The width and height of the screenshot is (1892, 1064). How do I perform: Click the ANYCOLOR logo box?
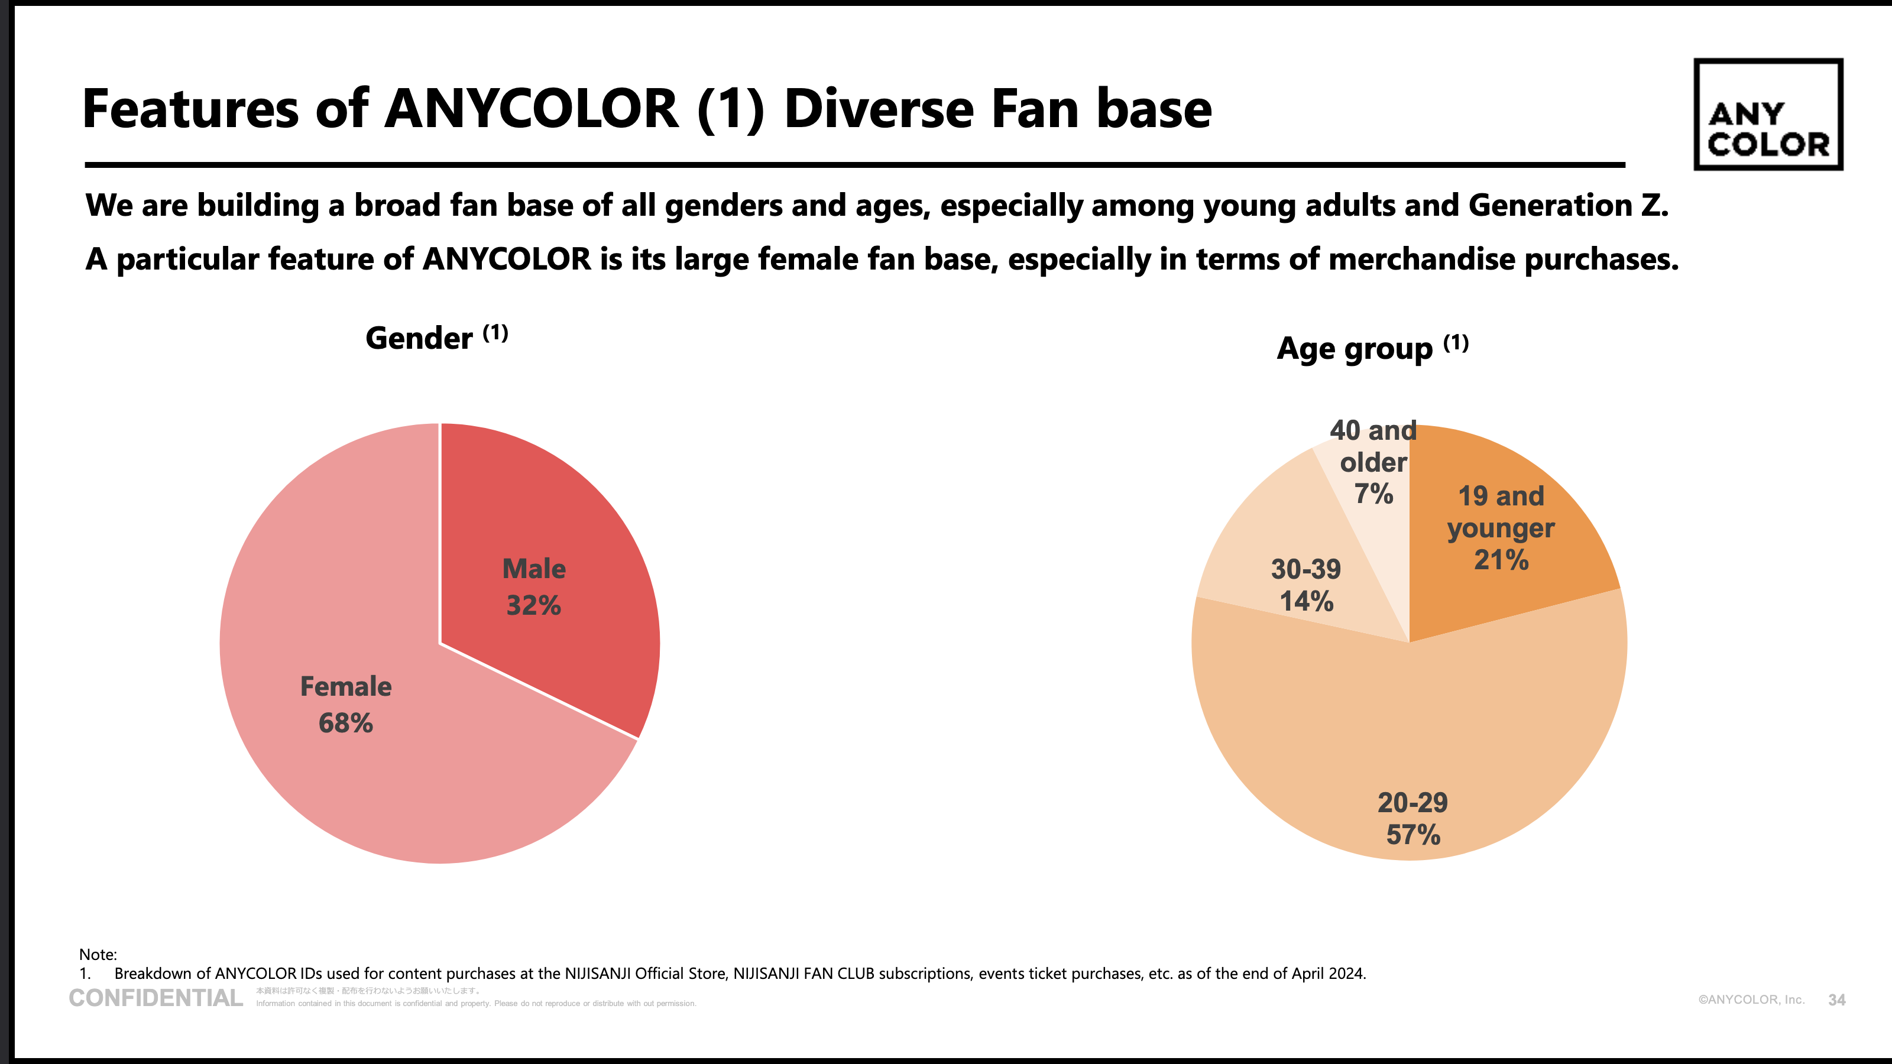1768,115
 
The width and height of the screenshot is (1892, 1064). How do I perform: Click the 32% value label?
534,606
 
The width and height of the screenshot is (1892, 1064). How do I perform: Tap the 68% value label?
346,724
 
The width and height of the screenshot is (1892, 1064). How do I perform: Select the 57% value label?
1413,835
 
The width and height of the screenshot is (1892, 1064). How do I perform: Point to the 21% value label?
1501,560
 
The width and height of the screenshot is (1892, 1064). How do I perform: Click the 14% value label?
1307,601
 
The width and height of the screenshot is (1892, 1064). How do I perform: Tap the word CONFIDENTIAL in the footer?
155,998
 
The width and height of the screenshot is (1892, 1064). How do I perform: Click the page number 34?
1836,1000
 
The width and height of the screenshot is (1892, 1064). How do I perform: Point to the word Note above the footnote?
98,955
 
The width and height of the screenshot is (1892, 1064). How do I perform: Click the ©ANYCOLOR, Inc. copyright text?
1751,1000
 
